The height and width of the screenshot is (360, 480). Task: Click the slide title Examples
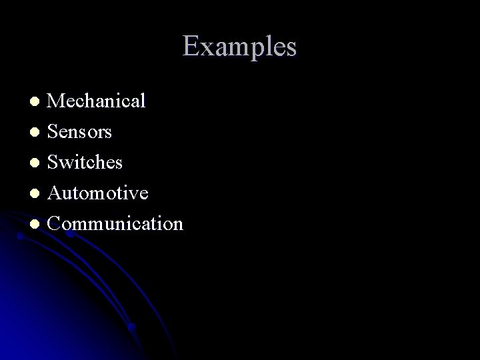click(x=239, y=47)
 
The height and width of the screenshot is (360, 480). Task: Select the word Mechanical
click(x=97, y=101)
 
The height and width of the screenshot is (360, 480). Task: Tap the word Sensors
click(x=81, y=132)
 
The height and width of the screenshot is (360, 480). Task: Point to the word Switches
click(x=85, y=163)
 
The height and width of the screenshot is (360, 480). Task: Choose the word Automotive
click(x=98, y=193)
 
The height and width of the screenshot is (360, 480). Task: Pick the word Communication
click(x=115, y=224)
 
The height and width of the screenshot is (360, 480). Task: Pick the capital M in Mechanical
click(x=57, y=101)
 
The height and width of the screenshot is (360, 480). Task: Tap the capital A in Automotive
click(x=55, y=193)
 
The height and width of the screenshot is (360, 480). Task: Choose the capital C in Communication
click(x=55, y=224)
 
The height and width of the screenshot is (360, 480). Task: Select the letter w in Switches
click(x=70, y=164)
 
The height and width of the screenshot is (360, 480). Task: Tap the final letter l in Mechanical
click(x=143, y=101)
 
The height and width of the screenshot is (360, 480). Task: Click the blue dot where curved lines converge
click(x=133, y=327)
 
